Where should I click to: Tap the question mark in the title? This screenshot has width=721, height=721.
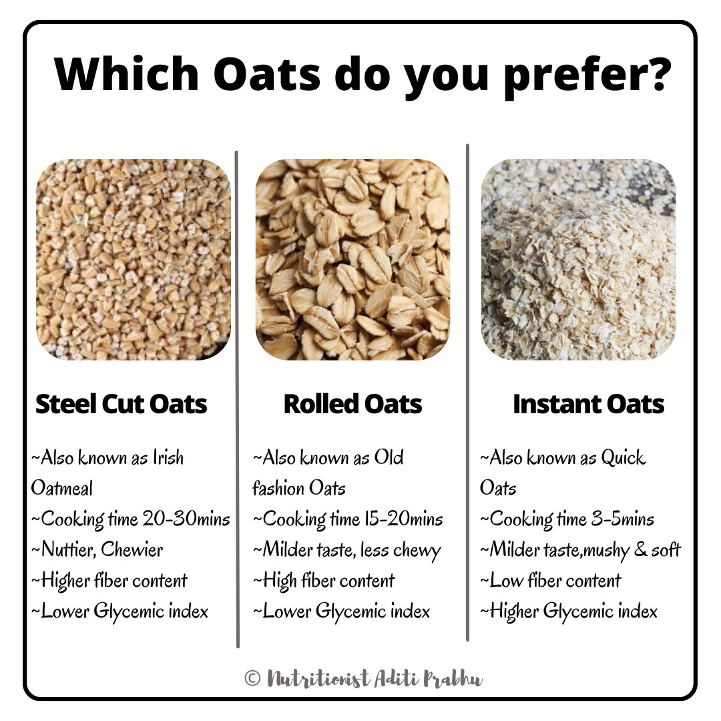[x=652, y=75]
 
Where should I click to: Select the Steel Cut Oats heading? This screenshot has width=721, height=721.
[x=121, y=404]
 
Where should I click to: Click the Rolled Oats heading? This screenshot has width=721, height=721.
[x=352, y=404]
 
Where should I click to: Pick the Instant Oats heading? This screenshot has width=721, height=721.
[x=588, y=404]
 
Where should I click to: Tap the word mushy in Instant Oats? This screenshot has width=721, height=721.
[x=604, y=549]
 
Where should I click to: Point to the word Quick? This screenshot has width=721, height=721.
[x=623, y=458]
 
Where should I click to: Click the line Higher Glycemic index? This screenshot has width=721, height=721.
[x=569, y=611]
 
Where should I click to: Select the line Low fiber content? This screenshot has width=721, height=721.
[x=551, y=580]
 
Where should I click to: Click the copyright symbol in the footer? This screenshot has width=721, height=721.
[x=252, y=679]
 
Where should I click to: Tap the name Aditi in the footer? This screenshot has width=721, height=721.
[x=398, y=679]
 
